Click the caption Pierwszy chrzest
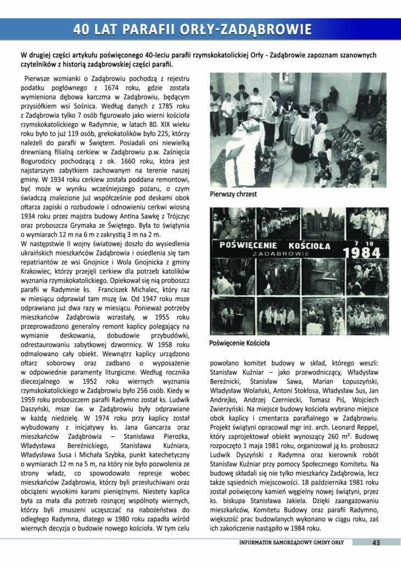click(233, 194)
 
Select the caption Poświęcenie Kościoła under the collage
click(240, 343)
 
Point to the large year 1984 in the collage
click(361, 252)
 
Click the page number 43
click(376, 543)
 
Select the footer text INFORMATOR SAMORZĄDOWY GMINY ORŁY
click(291, 543)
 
